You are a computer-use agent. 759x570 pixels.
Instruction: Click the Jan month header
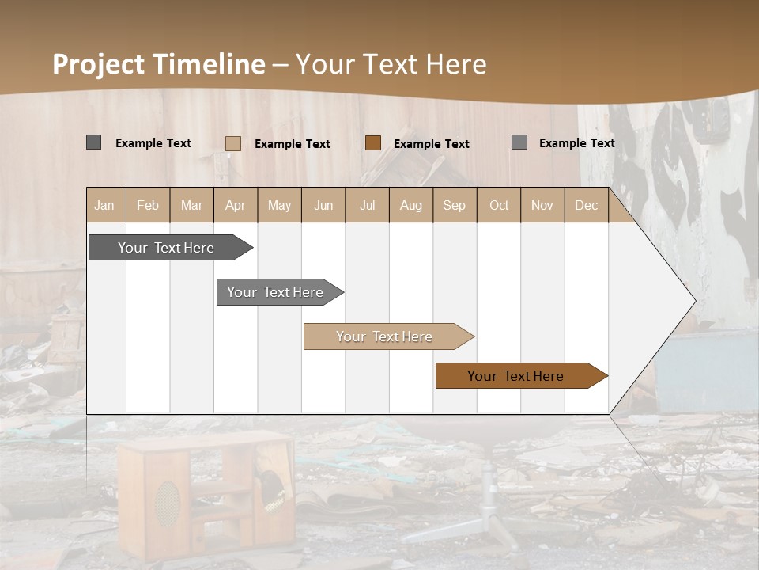point(104,205)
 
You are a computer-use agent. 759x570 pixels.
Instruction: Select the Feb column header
point(148,205)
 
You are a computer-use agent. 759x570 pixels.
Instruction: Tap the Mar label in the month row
point(191,205)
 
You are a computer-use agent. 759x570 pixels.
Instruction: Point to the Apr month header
point(235,205)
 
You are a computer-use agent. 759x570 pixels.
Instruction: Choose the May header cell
point(279,205)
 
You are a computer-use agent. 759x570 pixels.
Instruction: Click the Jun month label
point(323,205)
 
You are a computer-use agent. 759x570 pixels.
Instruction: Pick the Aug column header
point(411,205)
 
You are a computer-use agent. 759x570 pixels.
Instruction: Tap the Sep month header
point(454,205)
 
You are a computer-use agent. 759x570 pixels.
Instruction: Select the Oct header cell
point(499,205)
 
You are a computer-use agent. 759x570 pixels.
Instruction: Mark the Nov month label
point(542,205)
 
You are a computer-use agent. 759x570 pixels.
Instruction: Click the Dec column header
point(587,205)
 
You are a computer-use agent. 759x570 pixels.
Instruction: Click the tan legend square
point(233,143)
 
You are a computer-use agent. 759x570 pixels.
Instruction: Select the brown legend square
point(373,143)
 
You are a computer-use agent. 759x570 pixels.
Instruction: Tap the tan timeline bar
point(387,336)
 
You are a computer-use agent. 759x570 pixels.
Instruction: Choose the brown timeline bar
point(520,376)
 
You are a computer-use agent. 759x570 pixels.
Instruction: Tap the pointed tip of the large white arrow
point(693,301)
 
